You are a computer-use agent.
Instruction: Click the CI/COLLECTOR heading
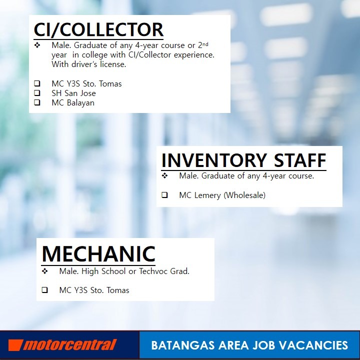[98, 29]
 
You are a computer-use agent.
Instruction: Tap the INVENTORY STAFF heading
[243, 160]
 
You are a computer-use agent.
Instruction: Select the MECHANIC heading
[98, 253]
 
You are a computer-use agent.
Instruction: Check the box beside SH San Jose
[37, 93]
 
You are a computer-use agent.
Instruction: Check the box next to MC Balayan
[37, 102]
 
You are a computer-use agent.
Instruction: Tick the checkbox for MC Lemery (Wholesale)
[164, 195]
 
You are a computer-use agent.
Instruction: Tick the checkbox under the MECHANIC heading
[45, 290]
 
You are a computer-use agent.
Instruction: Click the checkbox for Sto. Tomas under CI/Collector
[37, 83]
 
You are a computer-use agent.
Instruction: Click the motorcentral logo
[62, 345]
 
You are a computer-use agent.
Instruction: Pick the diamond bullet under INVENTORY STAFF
[164, 176]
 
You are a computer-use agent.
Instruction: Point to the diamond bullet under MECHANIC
[45, 271]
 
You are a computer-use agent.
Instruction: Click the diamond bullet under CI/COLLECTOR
[37, 45]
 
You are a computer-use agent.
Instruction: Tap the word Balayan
[80, 103]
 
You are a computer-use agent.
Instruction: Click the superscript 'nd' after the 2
[205, 44]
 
